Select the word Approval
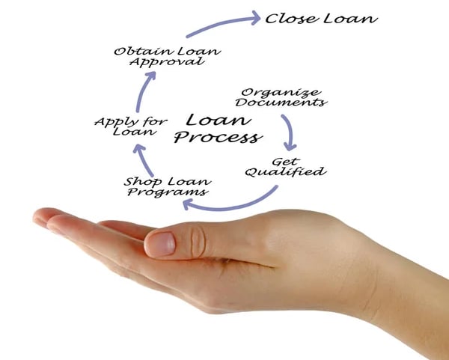tap(177, 61)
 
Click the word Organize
tap(271, 91)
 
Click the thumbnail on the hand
tap(161, 242)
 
